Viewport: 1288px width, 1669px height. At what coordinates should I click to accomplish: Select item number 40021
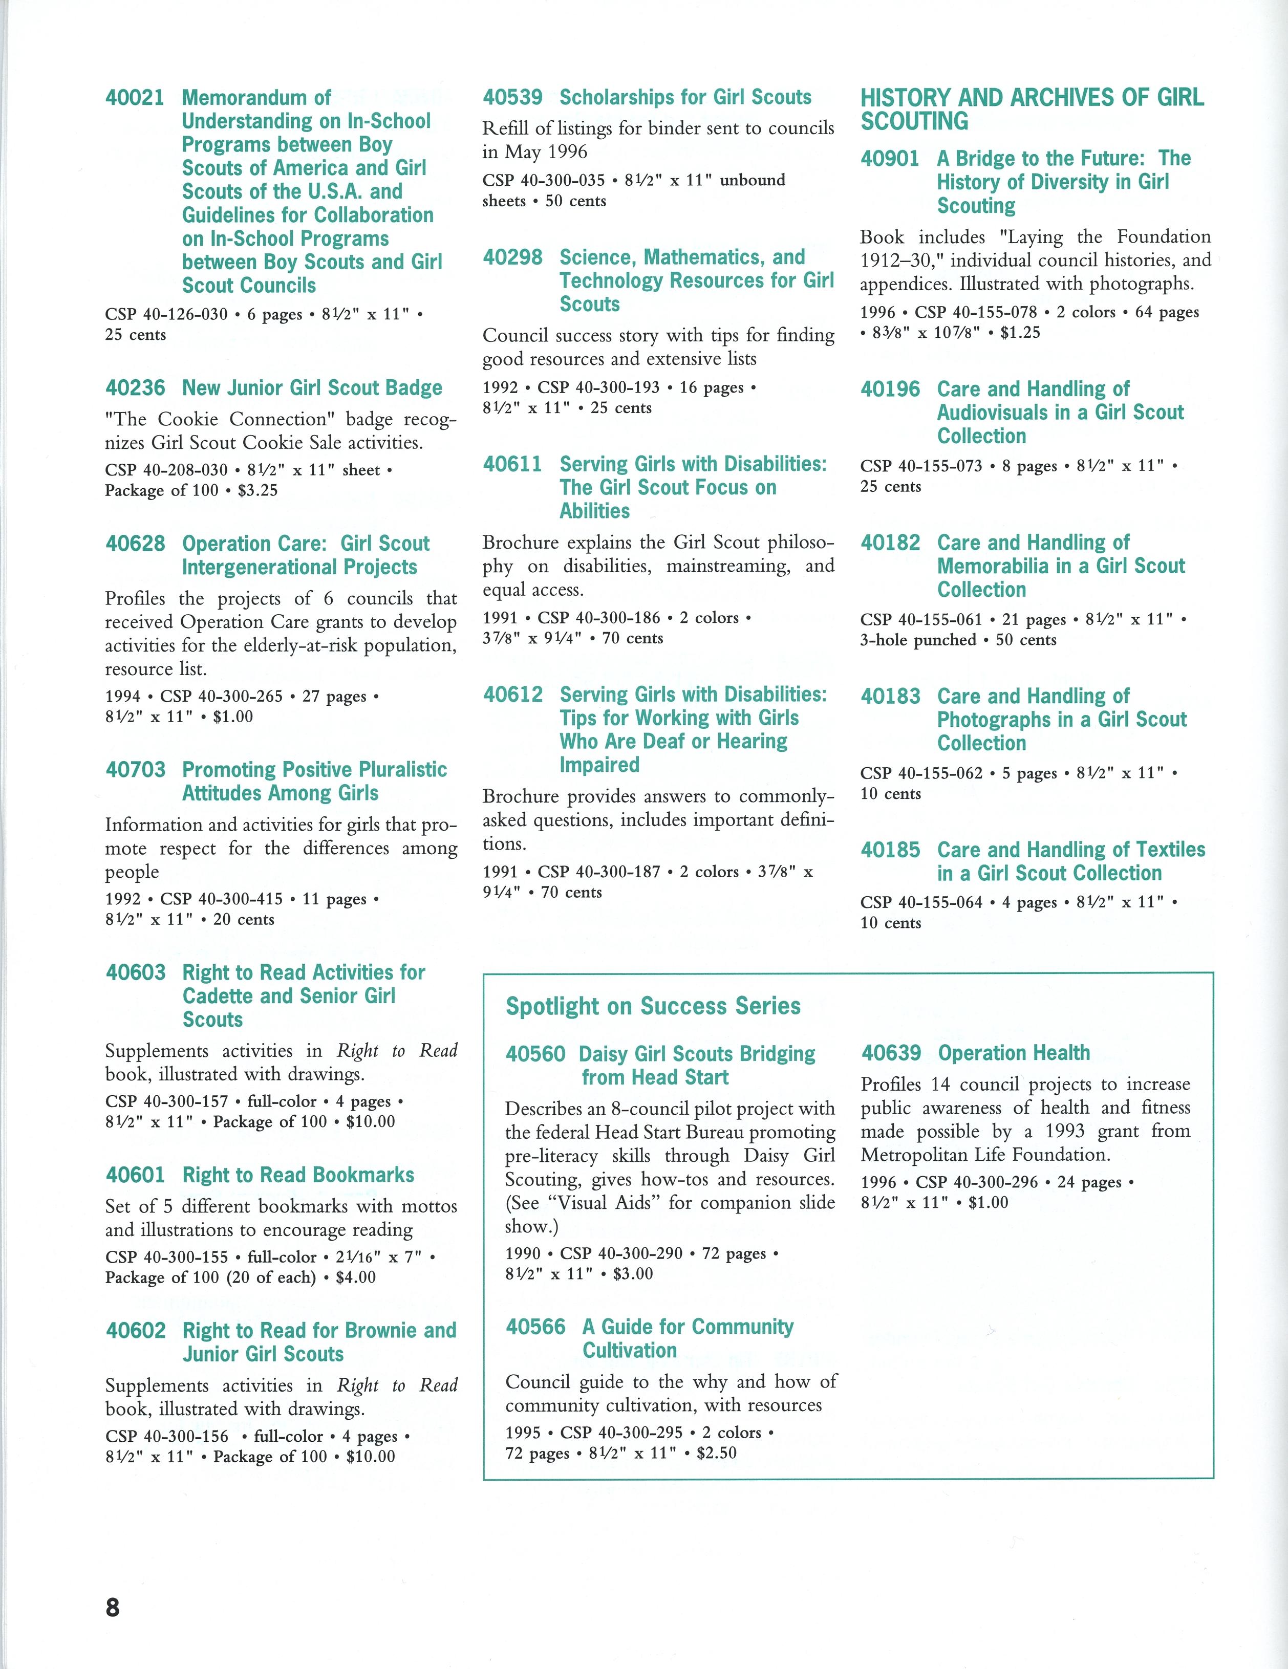click(135, 98)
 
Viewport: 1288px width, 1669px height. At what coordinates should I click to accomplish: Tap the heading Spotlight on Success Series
click(653, 1006)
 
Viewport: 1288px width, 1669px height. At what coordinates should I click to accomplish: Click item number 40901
click(890, 159)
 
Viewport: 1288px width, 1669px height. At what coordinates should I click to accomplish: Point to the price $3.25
click(257, 491)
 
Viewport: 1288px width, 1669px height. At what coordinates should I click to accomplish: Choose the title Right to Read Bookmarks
click(298, 1175)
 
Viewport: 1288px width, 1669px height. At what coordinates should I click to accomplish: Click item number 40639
click(891, 1053)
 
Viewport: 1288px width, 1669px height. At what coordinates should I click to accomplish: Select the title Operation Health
click(1014, 1053)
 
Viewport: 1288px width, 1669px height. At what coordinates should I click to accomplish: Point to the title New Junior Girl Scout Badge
click(312, 388)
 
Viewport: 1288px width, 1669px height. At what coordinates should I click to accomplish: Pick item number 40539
click(512, 98)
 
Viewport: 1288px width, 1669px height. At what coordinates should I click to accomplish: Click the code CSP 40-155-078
click(976, 313)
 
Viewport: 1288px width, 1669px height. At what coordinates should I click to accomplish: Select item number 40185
click(890, 850)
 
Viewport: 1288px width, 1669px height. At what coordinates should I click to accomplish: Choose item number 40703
click(135, 770)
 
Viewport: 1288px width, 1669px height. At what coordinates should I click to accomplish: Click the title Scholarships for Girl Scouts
click(685, 98)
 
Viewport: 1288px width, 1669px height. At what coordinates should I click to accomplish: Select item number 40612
click(512, 695)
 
